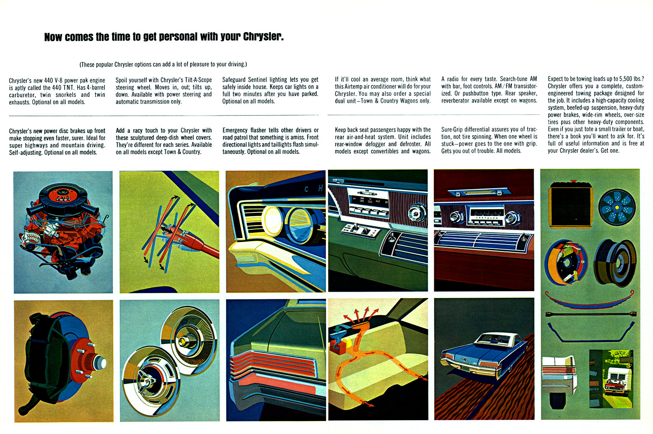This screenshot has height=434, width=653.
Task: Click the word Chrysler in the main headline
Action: [263, 37]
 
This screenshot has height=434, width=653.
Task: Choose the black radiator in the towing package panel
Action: [570, 207]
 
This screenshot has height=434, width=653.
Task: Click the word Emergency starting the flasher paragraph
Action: [235, 130]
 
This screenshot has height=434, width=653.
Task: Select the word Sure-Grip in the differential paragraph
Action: [451, 129]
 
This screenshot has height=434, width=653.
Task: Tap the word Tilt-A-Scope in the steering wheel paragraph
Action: [198, 80]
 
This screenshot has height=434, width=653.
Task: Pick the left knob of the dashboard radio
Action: [456, 217]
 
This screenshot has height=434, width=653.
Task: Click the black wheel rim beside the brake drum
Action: [614, 262]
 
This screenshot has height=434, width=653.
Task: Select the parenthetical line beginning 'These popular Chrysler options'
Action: [163, 64]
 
